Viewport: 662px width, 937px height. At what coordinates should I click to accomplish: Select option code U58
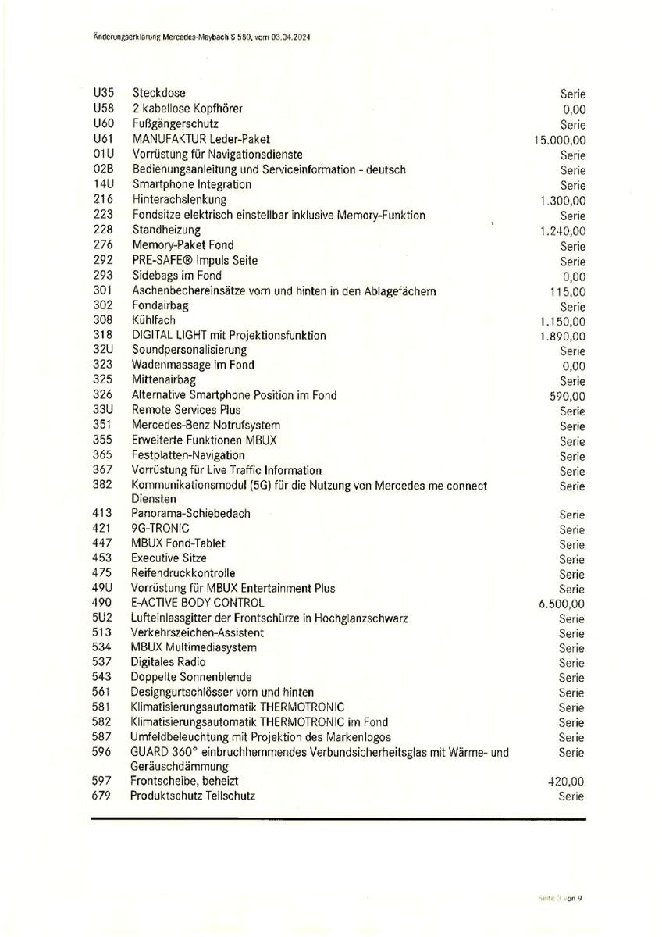[x=103, y=109]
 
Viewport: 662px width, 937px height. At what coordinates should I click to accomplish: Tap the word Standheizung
[x=166, y=230]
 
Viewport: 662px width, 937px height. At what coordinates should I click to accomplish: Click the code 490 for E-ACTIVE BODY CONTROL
[x=101, y=603]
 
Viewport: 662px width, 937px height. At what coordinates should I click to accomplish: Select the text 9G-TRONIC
[x=160, y=529]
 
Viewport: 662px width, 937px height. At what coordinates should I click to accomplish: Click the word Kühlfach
[x=154, y=320]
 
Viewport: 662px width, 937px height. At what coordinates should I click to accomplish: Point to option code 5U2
[x=102, y=618]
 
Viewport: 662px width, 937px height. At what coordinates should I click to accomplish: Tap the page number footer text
[x=560, y=898]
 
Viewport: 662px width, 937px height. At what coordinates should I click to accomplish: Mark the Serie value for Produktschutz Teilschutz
[x=571, y=796]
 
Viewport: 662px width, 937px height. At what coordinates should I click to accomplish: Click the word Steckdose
[x=159, y=93]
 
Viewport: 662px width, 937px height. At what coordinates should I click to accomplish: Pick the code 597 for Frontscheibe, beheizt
[x=101, y=781]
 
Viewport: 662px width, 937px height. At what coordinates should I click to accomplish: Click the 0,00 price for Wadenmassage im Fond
[x=573, y=366]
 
